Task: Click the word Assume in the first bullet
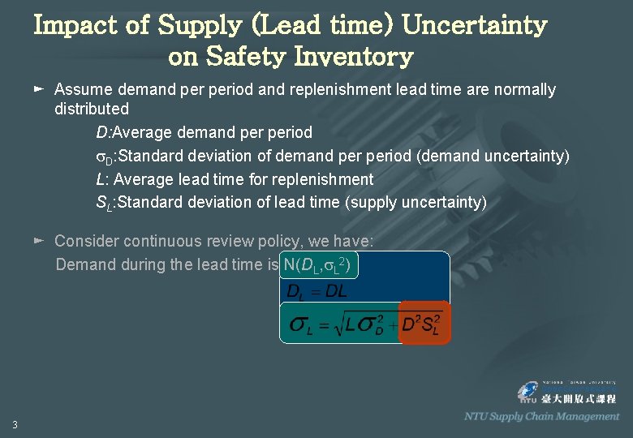pyautogui.click(x=84, y=89)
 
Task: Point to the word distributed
pyautogui.click(x=92, y=109)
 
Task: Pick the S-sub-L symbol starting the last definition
pyautogui.click(x=105, y=203)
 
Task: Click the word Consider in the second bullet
pyautogui.click(x=87, y=241)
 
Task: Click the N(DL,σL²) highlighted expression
pyautogui.click(x=316, y=265)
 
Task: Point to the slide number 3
pyautogui.click(x=15, y=424)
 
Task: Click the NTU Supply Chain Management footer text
pyautogui.click(x=541, y=416)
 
